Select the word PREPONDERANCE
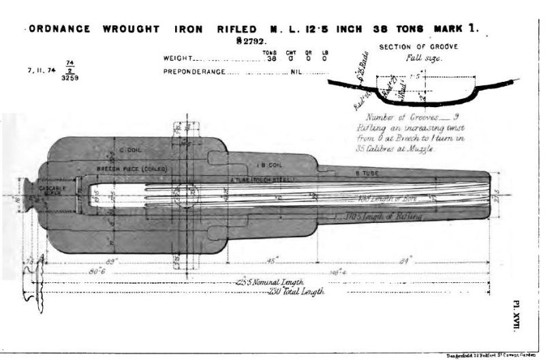(193, 70)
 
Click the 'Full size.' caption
(427, 59)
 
